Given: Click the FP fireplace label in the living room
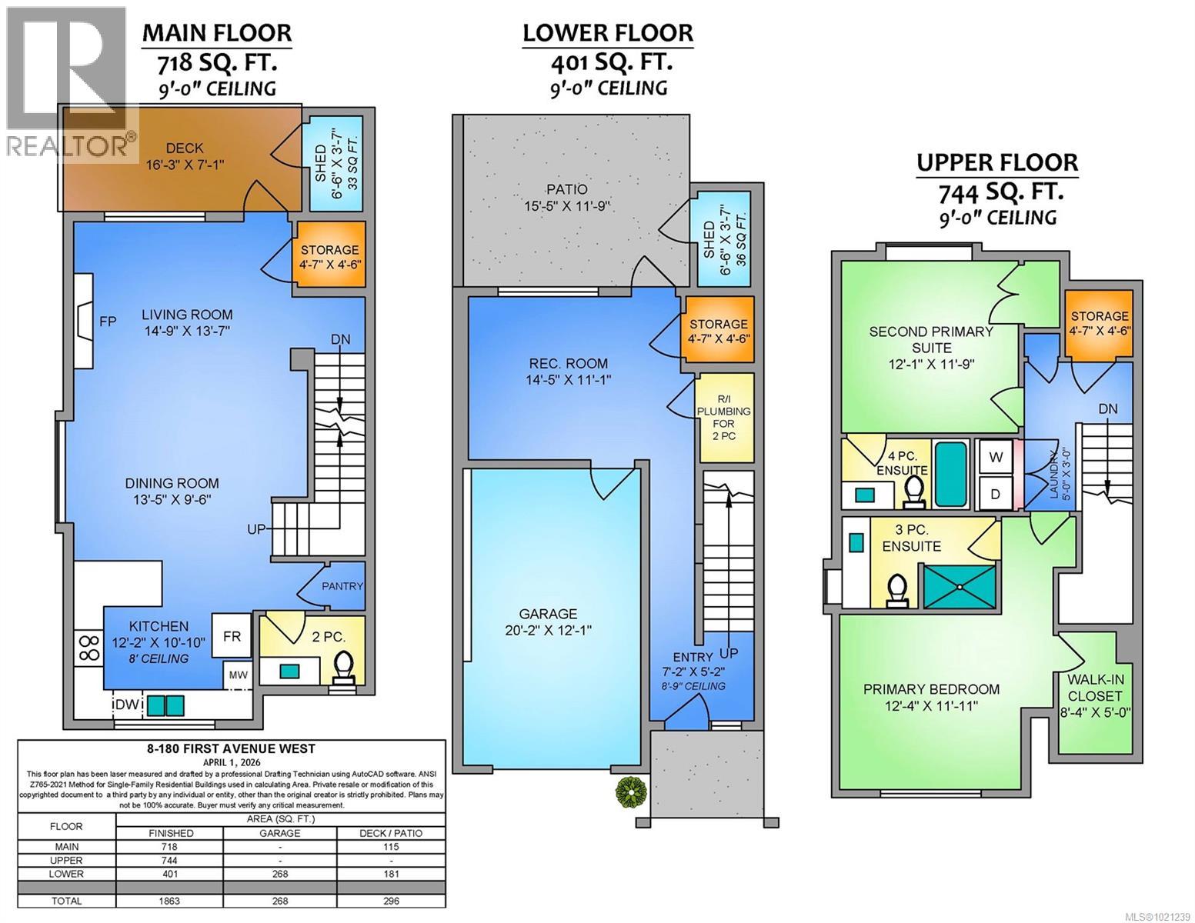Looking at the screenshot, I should [x=108, y=322].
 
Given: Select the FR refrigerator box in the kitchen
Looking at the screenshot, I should [x=232, y=637].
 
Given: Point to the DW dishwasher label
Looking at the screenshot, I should [x=125, y=704].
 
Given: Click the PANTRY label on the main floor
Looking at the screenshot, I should [x=342, y=586].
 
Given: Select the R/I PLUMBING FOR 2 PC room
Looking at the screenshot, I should [x=723, y=418].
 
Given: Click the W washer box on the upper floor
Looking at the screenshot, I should [x=996, y=457].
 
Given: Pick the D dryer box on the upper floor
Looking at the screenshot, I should [x=996, y=494].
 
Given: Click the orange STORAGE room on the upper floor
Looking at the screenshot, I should [x=1099, y=324].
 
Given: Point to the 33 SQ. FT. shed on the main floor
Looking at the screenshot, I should [x=336, y=164].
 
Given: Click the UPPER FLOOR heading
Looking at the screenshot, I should [x=996, y=163].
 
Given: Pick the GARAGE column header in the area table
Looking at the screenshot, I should [x=280, y=833].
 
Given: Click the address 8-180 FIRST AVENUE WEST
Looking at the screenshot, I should [x=231, y=748].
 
